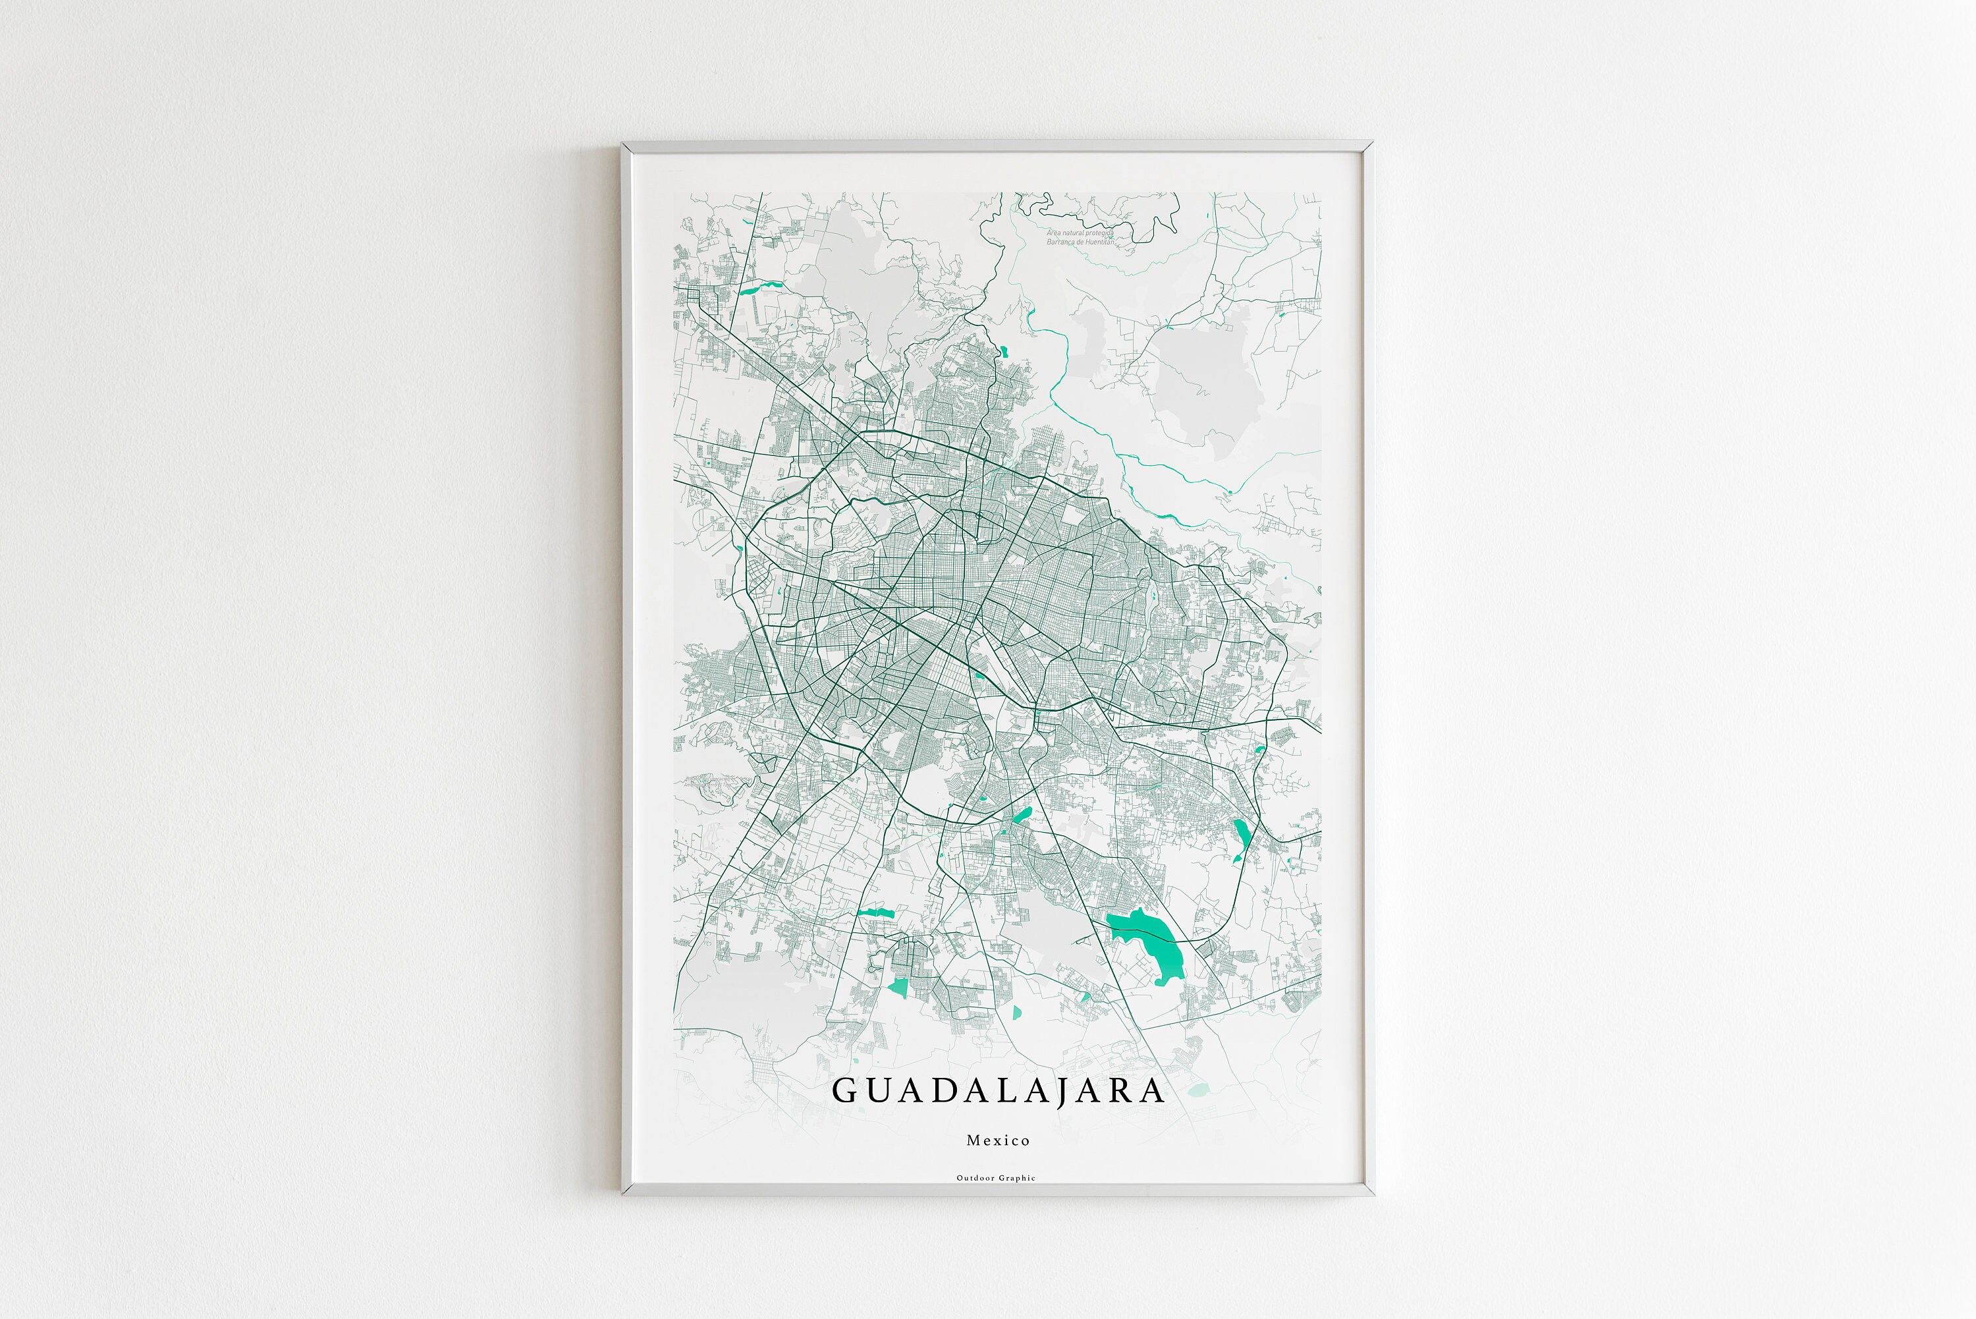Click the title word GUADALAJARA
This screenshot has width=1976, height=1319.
[997, 1091]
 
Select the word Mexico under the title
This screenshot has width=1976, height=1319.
[998, 1140]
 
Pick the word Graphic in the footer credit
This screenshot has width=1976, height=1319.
[1018, 1178]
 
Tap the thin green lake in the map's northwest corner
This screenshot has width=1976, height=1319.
[761, 289]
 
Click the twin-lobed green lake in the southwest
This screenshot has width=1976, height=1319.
[875, 912]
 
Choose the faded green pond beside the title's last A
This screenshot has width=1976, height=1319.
[1198, 1090]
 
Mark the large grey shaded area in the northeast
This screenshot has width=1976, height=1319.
[1194, 379]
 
